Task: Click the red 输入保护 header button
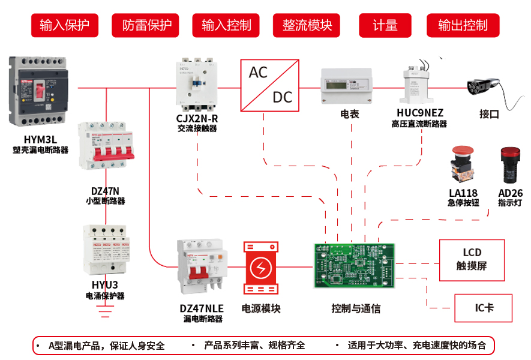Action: [x=64, y=25]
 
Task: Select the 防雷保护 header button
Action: [x=147, y=25]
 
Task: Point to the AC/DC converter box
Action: [x=270, y=85]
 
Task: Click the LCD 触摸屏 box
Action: [x=472, y=260]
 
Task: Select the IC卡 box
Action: [x=484, y=308]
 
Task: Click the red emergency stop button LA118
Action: [x=463, y=163]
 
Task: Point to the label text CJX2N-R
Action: [x=197, y=118]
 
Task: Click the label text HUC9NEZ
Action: [x=419, y=112]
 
